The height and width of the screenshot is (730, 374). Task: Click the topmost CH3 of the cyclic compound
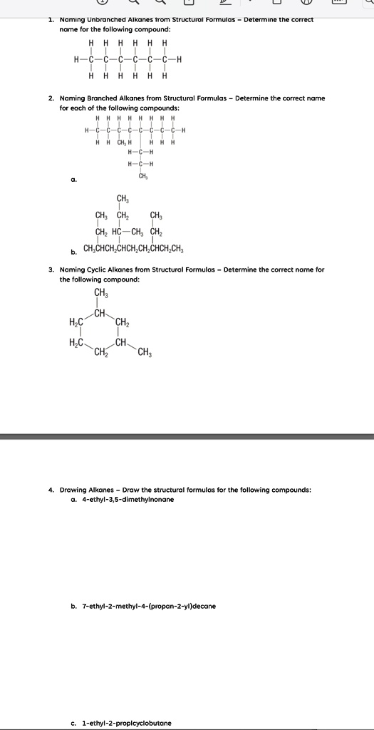pos(101,294)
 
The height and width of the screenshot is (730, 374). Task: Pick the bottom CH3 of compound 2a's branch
pos(143,175)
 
